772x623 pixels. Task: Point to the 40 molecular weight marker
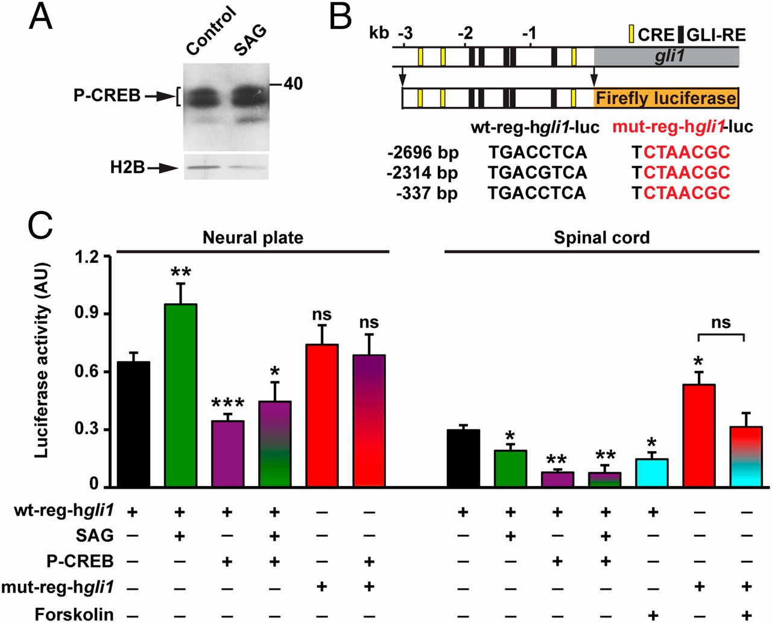coord(293,84)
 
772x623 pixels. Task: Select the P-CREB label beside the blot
coord(107,95)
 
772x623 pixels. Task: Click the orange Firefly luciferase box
coord(666,98)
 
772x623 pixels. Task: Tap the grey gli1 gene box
coord(666,57)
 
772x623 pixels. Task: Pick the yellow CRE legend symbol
coord(631,34)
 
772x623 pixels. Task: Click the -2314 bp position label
coord(422,173)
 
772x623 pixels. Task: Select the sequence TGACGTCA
coord(537,173)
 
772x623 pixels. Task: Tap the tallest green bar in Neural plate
coord(181,395)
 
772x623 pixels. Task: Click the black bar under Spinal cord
coord(463,458)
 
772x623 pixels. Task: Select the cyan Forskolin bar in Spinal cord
coord(652,473)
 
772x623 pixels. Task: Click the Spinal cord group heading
coord(602,237)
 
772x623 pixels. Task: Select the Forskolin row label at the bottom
coord(74,614)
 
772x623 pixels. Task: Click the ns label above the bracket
coord(721,323)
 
